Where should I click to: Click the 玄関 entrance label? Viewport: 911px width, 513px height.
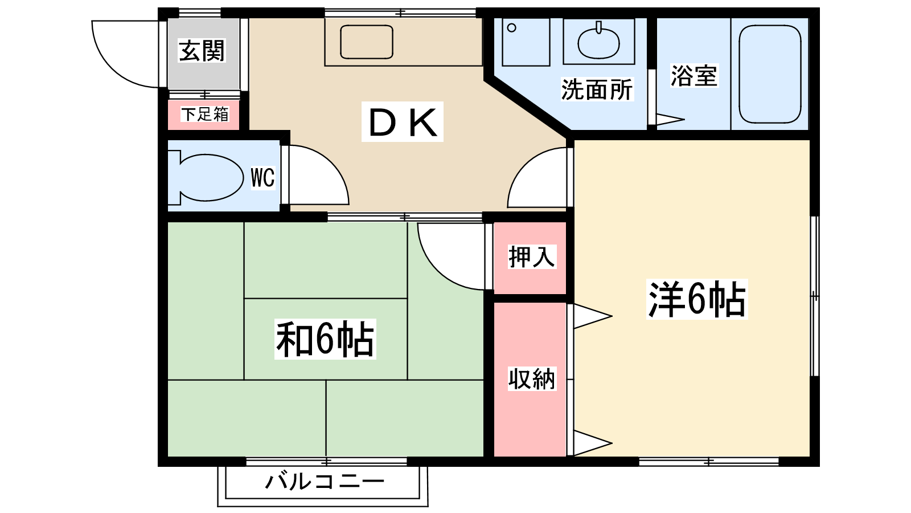click(x=202, y=51)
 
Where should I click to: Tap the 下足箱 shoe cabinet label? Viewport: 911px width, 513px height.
click(x=204, y=114)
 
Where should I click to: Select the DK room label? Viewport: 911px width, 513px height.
click(x=403, y=122)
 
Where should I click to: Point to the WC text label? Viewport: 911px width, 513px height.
click(x=262, y=178)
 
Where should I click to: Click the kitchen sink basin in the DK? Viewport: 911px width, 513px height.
click(x=367, y=42)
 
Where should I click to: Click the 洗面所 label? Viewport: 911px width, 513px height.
click(x=597, y=89)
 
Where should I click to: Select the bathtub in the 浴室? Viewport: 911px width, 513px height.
click(x=770, y=74)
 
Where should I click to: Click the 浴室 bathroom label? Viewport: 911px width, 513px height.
click(x=693, y=76)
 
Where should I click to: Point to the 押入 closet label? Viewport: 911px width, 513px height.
click(x=531, y=256)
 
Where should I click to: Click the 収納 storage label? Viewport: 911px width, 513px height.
click(x=531, y=379)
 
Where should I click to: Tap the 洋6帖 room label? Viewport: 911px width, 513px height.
click(x=697, y=299)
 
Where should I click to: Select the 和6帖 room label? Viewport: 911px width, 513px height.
click(x=325, y=339)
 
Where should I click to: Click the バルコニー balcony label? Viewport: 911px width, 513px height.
click(x=325, y=482)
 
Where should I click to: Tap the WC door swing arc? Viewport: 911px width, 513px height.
click(x=319, y=177)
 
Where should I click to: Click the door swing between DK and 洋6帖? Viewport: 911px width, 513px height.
click(x=535, y=180)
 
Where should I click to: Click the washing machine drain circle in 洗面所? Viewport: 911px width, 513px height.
click(x=512, y=28)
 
